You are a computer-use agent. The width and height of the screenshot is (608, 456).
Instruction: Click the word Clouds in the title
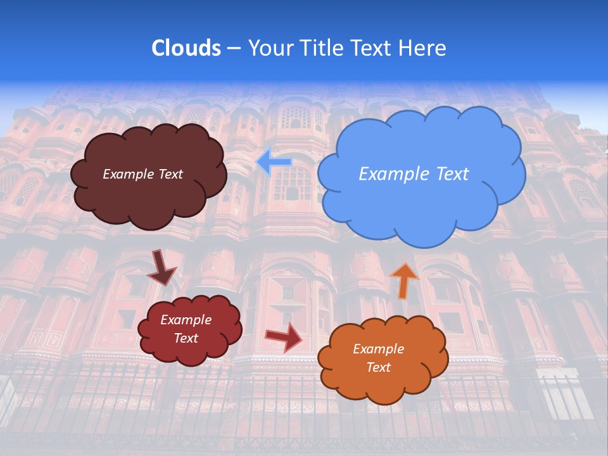pyautogui.click(x=186, y=48)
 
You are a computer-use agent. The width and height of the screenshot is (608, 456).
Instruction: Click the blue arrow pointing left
pyautogui.click(x=274, y=162)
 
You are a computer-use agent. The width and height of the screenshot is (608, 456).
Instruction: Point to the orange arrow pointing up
pyautogui.click(x=404, y=279)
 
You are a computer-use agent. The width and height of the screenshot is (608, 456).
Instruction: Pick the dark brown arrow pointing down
pyautogui.click(x=162, y=267)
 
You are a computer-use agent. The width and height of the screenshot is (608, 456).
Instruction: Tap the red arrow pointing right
pyautogui.click(x=284, y=337)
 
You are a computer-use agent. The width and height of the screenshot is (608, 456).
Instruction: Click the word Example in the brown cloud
pyautogui.click(x=127, y=174)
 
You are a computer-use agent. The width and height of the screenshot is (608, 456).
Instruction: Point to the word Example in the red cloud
pyautogui.click(x=186, y=320)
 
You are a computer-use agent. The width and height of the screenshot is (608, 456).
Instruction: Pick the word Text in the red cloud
pyautogui.click(x=186, y=338)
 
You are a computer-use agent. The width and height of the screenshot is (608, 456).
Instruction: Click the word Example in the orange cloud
pyautogui.click(x=378, y=349)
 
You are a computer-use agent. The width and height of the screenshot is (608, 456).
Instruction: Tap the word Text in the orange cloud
pyautogui.click(x=378, y=367)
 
